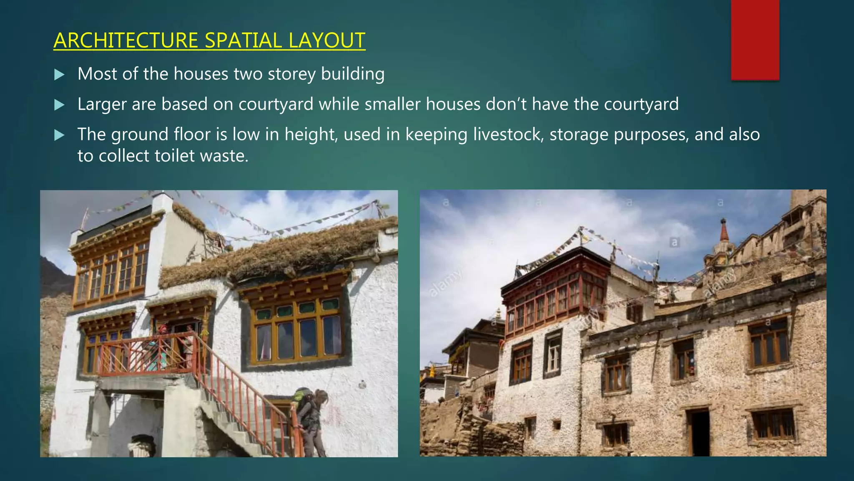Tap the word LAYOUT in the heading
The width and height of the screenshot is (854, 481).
[327, 41]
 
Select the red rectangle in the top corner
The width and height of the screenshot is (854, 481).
[755, 40]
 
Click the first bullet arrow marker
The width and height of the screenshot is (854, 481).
[60, 75]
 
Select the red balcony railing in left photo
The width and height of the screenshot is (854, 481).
[146, 355]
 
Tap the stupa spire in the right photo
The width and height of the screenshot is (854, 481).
[724, 232]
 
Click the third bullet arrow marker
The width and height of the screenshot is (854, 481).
[60, 135]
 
